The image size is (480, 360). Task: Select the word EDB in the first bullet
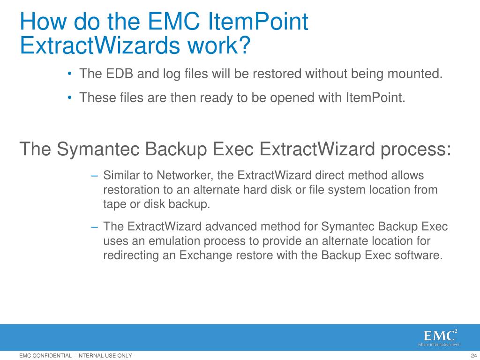tap(120, 74)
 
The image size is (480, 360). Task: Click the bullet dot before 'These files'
tap(70, 97)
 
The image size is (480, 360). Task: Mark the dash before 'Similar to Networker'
tap(94, 176)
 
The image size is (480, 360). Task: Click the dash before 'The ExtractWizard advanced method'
tap(94, 227)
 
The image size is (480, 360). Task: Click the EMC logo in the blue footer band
tap(440, 337)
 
